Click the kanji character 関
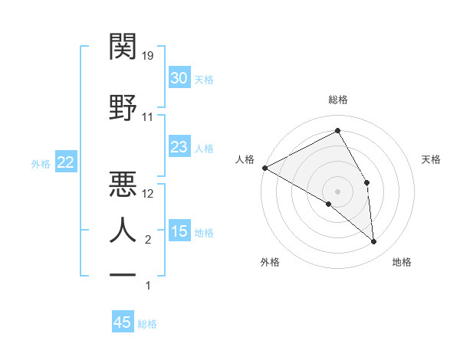tap(123, 47)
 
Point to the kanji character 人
tap(123, 230)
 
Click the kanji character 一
tap(123, 274)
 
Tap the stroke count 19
tap(148, 55)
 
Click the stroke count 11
tap(148, 117)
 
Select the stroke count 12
tap(149, 194)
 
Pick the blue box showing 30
tap(179, 78)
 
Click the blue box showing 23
tap(179, 147)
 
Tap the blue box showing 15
tap(179, 231)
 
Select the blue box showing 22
tap(65, 162)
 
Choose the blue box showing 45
tap(123, 322)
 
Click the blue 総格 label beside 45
tap(147, 324)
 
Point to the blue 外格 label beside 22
tap(41, 163)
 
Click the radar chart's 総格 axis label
tap(338, 100)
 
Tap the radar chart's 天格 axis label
tap(432, 159)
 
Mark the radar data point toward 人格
tap(264, 168)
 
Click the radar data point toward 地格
tap(374, 242)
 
